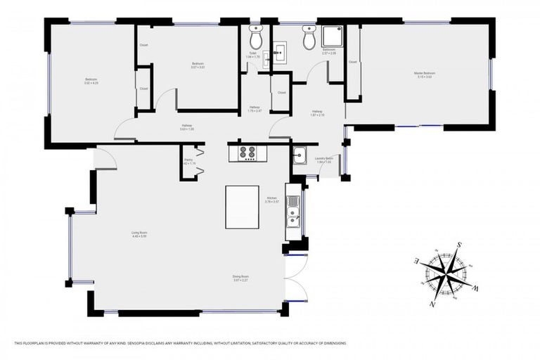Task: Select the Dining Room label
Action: coord(241,276)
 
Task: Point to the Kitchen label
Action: coord(272,198)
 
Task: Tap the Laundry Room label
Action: coord(323,159)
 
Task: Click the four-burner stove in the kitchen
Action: coord(247,153)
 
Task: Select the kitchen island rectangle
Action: coord(242,207)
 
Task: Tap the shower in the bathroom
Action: coord(332,37)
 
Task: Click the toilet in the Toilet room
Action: coord(255,37)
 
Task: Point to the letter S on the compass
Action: coord(459,245)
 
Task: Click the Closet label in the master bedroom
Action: coord(353,62)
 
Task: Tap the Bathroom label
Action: coord(329,51)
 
